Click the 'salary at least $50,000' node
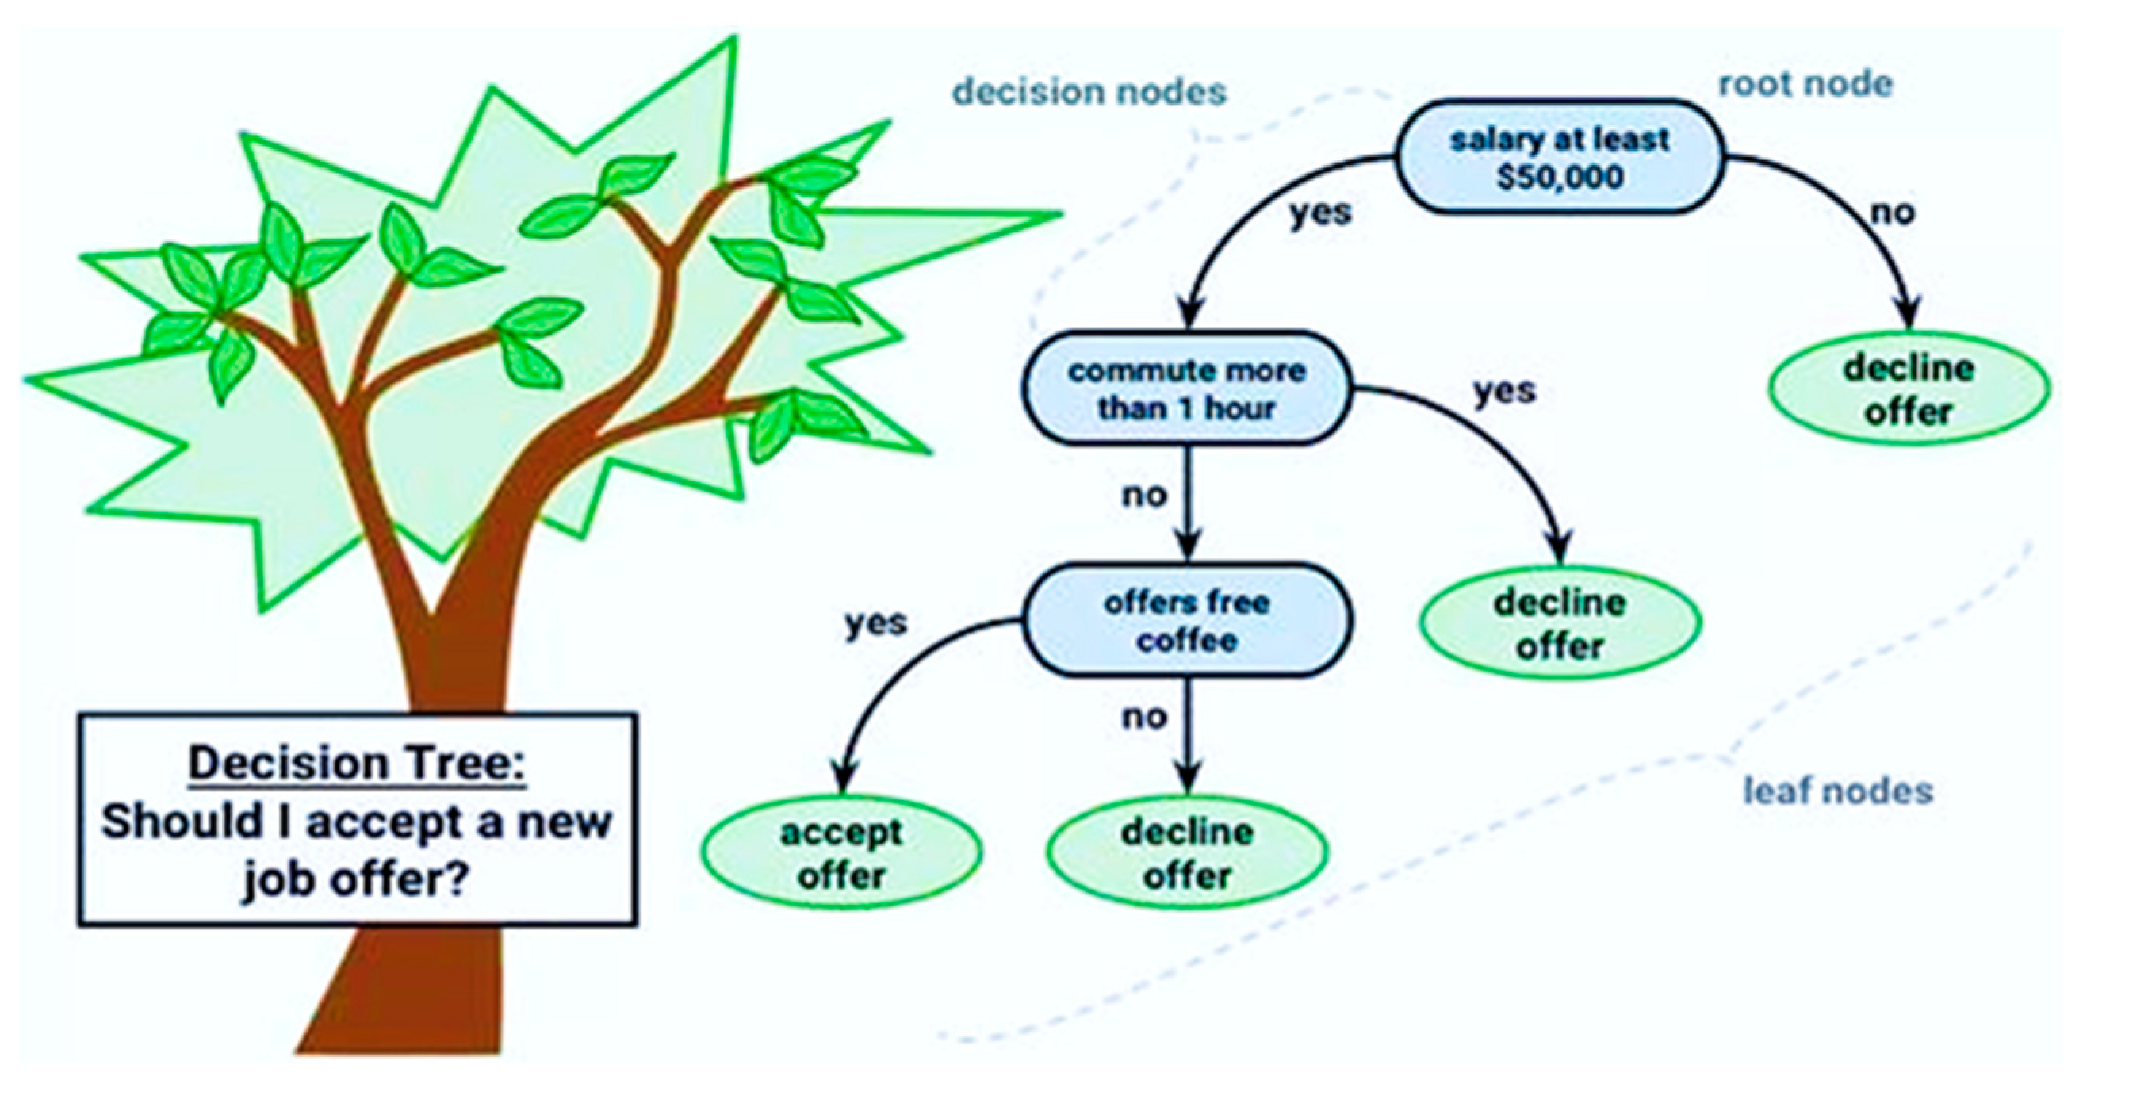click(x=1560, y=157)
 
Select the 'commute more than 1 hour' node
click(x=1187, y=389)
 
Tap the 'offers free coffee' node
click(x=1187, y=621)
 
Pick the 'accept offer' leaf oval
click(x=841, y=852)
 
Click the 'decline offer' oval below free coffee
click(x=1187, y=852)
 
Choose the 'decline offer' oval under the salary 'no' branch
click(x=1909, y=389)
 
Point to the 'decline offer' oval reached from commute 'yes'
click(x=1560, y=623)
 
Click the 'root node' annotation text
click(x=1805, y=84)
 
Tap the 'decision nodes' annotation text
click(x=1089, y=92)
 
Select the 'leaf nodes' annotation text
click(x=1838, y=791)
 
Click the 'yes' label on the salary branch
click(x=1321, y=213)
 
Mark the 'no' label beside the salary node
click(x=1893, y=213)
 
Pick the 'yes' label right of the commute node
click(x=1504, y=391)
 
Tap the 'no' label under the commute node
click(x=1144, y=495)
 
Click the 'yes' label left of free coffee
click(x=876, y=623)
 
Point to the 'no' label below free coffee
click(x=1144, y=717)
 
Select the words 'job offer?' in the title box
click(x=355, y=880)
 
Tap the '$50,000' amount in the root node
click(x=1560, y=177)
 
